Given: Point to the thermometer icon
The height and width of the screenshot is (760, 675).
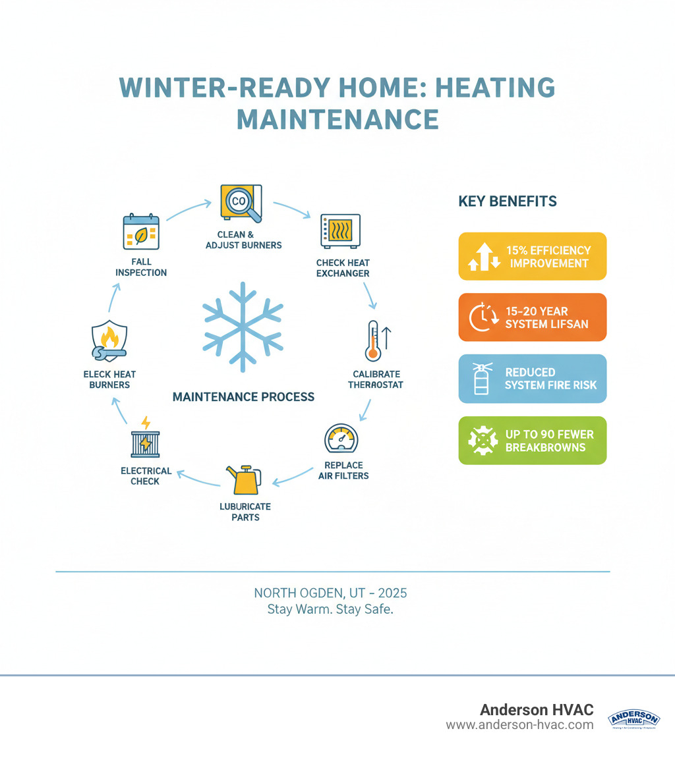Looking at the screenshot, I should point(374,340).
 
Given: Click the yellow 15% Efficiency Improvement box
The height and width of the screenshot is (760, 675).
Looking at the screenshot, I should point(532,256).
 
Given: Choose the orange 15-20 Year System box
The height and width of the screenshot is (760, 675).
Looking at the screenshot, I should point(532,317).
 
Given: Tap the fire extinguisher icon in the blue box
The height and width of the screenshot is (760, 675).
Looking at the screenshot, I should point(482,379).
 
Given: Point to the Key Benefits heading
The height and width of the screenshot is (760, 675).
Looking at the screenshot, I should point(507,202).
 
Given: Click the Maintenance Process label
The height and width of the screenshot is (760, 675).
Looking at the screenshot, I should point(243,397).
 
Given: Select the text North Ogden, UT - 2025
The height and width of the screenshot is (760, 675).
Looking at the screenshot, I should point(330,593).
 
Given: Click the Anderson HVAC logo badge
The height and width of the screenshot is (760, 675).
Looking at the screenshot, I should point(633,719).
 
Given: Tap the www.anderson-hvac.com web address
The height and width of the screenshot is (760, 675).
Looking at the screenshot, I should point(519,725).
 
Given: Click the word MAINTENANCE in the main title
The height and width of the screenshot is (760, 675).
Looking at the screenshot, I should point(337,119).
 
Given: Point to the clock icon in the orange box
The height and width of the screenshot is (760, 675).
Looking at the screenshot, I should point(482,317).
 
